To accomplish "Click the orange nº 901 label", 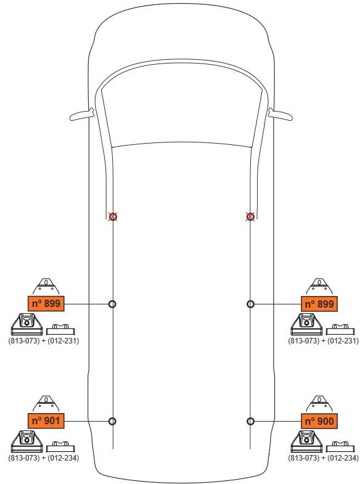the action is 46,420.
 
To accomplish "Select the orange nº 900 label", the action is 319,421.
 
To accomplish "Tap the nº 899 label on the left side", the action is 46,303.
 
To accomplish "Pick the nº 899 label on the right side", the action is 319,304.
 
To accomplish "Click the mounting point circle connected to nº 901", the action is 113,421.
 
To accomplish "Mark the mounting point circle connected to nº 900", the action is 250,421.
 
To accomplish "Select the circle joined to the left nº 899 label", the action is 113,304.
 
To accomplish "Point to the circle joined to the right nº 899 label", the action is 250,304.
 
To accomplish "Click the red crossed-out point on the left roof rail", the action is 113,216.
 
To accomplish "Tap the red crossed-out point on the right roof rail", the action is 250,216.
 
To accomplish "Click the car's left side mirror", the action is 81,114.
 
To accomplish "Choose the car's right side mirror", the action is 280,114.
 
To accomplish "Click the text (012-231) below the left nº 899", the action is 63,341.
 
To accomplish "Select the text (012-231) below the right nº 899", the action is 343,341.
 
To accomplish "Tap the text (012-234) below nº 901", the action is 63,457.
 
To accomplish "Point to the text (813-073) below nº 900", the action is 303,457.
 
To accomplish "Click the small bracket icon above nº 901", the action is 46,403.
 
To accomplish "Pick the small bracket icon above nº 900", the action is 319,403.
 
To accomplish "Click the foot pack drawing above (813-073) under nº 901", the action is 27,441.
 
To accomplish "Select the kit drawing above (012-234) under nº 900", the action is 340,446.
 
